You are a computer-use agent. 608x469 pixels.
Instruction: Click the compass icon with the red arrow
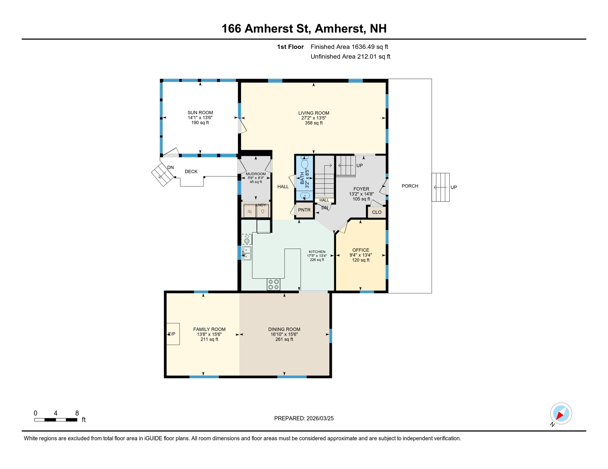coord(561,413)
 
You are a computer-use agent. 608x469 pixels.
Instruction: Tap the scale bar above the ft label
coord(56,420)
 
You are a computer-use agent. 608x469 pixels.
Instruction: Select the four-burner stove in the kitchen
coord(273,285)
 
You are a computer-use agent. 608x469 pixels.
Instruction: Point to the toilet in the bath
coord(305,162)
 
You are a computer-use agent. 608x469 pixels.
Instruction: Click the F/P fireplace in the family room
coord(173,334)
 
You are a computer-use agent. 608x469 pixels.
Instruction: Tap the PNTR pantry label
coord(304,210)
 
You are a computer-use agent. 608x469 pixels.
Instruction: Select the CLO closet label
coord(377,212)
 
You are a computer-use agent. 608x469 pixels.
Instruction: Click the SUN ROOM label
coord(200,113)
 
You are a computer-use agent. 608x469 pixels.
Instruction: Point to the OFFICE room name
coord(361,250)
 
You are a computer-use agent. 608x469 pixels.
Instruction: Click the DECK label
coord(191,172)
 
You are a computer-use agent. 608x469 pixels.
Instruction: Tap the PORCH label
coord(410,186)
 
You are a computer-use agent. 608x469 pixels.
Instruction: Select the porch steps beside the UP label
coord(440,187)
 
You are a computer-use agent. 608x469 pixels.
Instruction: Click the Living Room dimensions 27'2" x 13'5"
coord(314,118)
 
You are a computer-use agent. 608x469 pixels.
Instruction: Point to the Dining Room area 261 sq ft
coord(284,339)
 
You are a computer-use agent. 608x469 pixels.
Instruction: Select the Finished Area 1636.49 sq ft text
coord(349,47)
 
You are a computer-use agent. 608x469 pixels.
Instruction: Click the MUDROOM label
coord(256,174)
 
